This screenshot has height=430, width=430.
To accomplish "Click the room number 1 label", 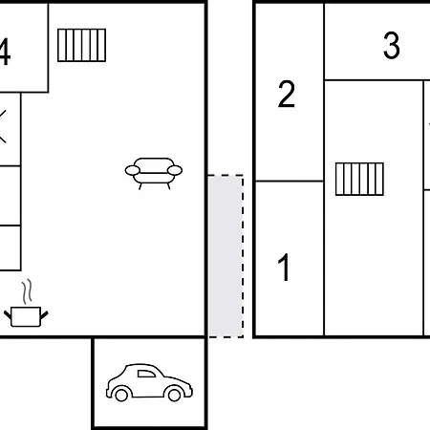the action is (x=284, y=268).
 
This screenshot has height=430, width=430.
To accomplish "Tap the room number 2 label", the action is (x=287, y=94).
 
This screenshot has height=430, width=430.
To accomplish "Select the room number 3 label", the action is (x=392, y=45).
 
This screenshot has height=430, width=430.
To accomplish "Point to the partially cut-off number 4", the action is (x=5, y=52).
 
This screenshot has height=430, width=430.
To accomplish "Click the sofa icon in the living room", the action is (x=154, y=173).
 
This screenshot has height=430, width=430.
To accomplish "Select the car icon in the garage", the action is (x=149, y=382).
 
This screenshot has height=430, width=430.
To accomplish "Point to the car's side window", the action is (x=146, y=374).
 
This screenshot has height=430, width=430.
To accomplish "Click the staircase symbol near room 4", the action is (x=81, y=45).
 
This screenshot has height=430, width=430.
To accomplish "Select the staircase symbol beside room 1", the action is (x=359, y=179).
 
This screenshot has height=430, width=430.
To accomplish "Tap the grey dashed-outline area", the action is (x=226, y=256).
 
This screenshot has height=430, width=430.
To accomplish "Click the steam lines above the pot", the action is (x=28, y=291).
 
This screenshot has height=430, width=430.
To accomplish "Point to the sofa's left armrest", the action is (x=133, y=170).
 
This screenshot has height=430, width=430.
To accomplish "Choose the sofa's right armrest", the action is (x=175, y=170).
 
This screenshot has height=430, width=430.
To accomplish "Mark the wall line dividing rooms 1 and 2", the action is (x=290, y=181).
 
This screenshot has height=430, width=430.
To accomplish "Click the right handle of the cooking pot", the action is (x=44, y=315).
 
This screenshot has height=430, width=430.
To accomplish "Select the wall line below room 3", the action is (x=377, y=80).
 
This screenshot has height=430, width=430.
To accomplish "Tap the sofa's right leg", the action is (x=169, y=186).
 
